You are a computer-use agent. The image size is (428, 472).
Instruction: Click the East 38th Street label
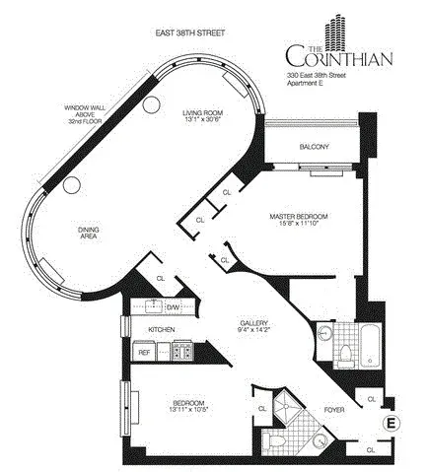[x=190, y=32]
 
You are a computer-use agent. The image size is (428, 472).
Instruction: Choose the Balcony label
[x=315, y=148]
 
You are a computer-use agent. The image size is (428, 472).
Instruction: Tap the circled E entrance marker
[x=392, y=423]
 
